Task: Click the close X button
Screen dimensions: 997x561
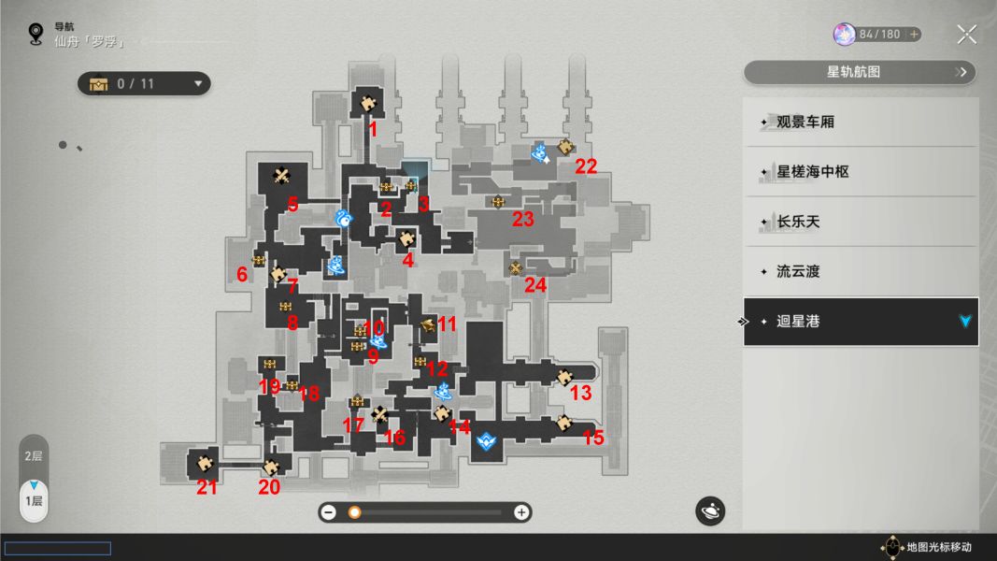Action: [966, 35]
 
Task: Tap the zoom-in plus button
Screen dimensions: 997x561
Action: [520, 512]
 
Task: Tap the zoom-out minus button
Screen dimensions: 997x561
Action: [329, 512]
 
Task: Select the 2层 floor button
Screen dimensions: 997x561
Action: [33, 456]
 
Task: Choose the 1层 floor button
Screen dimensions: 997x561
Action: [34, 501]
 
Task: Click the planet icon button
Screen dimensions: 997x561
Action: [710, 511]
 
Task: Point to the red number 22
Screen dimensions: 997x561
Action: [586, 166]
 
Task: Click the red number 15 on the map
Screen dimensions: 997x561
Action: [592, 438]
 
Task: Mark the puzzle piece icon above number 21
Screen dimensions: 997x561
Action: [204, 463]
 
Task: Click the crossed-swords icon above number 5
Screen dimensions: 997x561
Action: [281, 175]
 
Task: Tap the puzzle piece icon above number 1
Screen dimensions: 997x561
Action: [367, 103]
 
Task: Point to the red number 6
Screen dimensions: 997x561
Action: [242, 274]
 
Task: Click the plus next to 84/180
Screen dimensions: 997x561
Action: [914, 35]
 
